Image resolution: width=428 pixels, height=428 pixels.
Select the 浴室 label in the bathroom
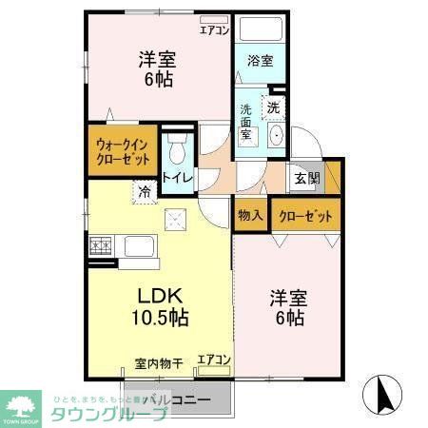click(x=260, y=61)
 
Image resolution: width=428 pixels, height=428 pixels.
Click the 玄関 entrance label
click(x=306, y=179)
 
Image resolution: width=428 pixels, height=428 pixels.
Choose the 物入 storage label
click(x=250, y=216)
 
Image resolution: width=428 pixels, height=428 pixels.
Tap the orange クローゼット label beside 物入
click(x=305, y=216)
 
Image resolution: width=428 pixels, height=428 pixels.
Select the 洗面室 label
click(x=245, y=122)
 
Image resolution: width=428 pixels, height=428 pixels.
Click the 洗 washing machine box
click(x=274, y=107)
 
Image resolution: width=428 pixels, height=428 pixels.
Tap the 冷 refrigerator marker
click(x=145, y=190)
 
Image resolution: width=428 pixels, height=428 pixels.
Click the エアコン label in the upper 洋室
click(x=214, y=29)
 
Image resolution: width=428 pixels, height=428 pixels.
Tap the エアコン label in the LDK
click(x=214, y=360)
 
